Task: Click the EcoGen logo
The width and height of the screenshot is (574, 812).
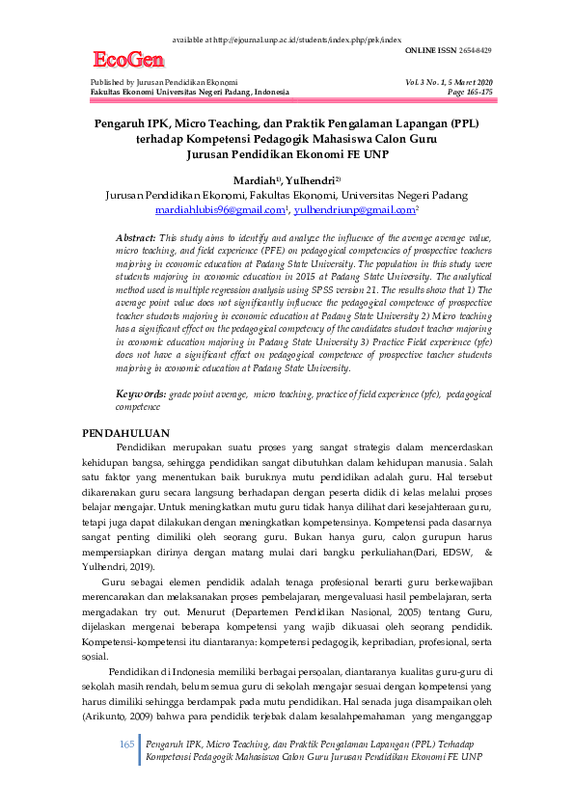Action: click(126, 61)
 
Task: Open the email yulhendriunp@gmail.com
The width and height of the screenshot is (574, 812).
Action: click(355, 208)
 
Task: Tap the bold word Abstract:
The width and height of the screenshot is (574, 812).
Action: click(136, 237)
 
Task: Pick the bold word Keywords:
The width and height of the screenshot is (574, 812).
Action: click(140, 394)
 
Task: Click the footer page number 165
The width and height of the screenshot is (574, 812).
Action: click(126, 745)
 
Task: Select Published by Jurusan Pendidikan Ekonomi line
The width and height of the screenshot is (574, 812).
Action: click(164, 82)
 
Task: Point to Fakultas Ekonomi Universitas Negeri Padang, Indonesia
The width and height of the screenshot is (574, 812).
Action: click(189, 92)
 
